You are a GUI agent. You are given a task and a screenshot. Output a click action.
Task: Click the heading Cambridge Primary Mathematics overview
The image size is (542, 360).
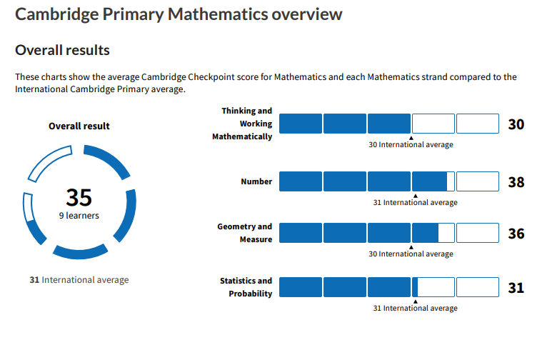179,14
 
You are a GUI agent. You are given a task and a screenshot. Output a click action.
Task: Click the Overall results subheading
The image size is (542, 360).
63,50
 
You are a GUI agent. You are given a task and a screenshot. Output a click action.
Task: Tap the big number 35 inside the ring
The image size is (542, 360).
79,197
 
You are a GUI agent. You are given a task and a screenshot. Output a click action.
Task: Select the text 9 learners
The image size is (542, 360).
79,215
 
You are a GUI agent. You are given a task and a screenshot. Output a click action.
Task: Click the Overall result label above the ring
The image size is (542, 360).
79,126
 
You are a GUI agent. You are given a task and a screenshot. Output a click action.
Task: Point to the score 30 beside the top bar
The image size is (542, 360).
516,124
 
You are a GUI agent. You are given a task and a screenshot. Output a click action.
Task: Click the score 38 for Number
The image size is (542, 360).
516,182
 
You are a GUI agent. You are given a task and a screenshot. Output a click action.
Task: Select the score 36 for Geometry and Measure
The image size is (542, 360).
516,234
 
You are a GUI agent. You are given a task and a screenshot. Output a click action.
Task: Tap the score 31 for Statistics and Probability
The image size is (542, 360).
516,288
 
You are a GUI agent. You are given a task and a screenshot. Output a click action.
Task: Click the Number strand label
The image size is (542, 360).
256,181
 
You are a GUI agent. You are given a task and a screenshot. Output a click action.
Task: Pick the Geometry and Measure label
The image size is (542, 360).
245,233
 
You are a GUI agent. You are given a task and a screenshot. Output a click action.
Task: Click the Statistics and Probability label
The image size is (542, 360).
246,287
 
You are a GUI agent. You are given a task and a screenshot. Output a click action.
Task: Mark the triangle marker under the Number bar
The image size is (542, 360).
415,195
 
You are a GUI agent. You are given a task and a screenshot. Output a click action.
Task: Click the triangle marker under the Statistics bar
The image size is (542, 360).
415,301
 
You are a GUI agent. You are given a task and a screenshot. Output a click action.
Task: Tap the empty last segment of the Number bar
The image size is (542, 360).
477,181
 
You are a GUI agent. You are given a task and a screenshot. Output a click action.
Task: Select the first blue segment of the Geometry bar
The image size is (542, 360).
300,233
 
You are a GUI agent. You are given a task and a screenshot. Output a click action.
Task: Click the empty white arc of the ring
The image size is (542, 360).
49,164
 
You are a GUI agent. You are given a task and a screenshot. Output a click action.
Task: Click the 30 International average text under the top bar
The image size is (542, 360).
411,144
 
